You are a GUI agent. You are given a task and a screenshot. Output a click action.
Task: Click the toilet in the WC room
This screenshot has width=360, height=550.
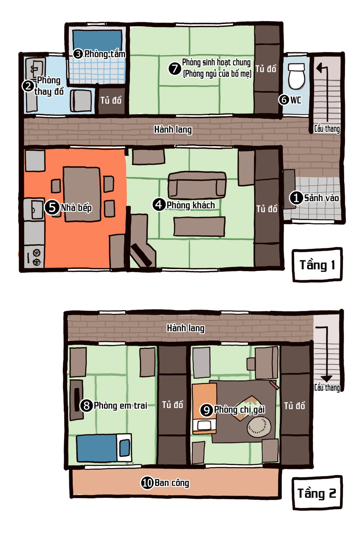pyautogui.click(x=296, y=76)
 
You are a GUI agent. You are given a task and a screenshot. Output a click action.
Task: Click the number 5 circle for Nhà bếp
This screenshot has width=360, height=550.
pyautogui.click(x=52, y=208)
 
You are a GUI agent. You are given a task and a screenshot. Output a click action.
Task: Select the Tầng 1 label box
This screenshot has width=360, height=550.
pyautogui.click(x=317, y=265)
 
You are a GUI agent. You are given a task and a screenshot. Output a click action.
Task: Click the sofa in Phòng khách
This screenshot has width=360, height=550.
pyautogui.click(x=197, y=185)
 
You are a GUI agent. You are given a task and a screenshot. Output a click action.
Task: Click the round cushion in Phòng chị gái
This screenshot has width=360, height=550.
pyautogui.click(x=259, y=427)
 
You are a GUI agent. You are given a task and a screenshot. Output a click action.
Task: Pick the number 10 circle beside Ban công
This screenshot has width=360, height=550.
pyautogui.click(x=147, y=483)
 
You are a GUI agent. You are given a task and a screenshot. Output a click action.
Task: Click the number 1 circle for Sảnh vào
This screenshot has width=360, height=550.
pyautogui.click(x=296, y=198)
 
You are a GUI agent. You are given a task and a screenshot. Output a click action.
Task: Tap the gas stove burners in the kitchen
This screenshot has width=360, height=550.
pyautogui.click(x=37, y=257)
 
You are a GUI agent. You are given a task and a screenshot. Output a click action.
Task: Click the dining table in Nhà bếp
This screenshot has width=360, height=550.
pyautogui.click(x=82, y=194)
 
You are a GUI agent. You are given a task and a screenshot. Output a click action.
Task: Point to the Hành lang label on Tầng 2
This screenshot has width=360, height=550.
pyautogui.click(x=185, y=328)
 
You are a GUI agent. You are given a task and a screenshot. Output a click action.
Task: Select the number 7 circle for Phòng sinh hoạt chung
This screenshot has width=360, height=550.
pyautogui.click(x=175, y=68)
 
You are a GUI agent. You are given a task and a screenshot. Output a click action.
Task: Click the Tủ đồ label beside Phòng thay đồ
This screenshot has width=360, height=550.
pyautogui.click(x=111, y=100)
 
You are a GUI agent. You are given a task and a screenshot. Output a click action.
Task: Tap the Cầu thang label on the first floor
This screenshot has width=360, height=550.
pyautogui.click(x=327, y=129)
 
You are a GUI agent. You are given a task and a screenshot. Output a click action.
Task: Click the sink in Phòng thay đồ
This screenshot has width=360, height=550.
pyautogui.click(x=36, y=67)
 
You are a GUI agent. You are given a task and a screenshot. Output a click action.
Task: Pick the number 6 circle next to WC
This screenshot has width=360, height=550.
pyautogui.click(x=284, y=99)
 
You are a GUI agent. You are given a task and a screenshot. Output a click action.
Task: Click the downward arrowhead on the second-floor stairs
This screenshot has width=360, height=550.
pyautogui.click(x=326, y=378)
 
